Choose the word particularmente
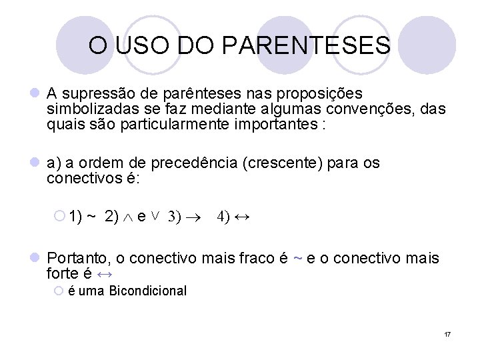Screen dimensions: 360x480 pos(172,125)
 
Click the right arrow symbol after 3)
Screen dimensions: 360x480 pos(194,217)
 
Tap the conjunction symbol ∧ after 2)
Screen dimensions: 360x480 pos(127,217)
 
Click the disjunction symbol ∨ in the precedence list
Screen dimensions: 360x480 pos(155,216)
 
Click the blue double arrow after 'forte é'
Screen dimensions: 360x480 pos(105,274)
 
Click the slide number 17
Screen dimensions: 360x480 pos(447,333)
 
